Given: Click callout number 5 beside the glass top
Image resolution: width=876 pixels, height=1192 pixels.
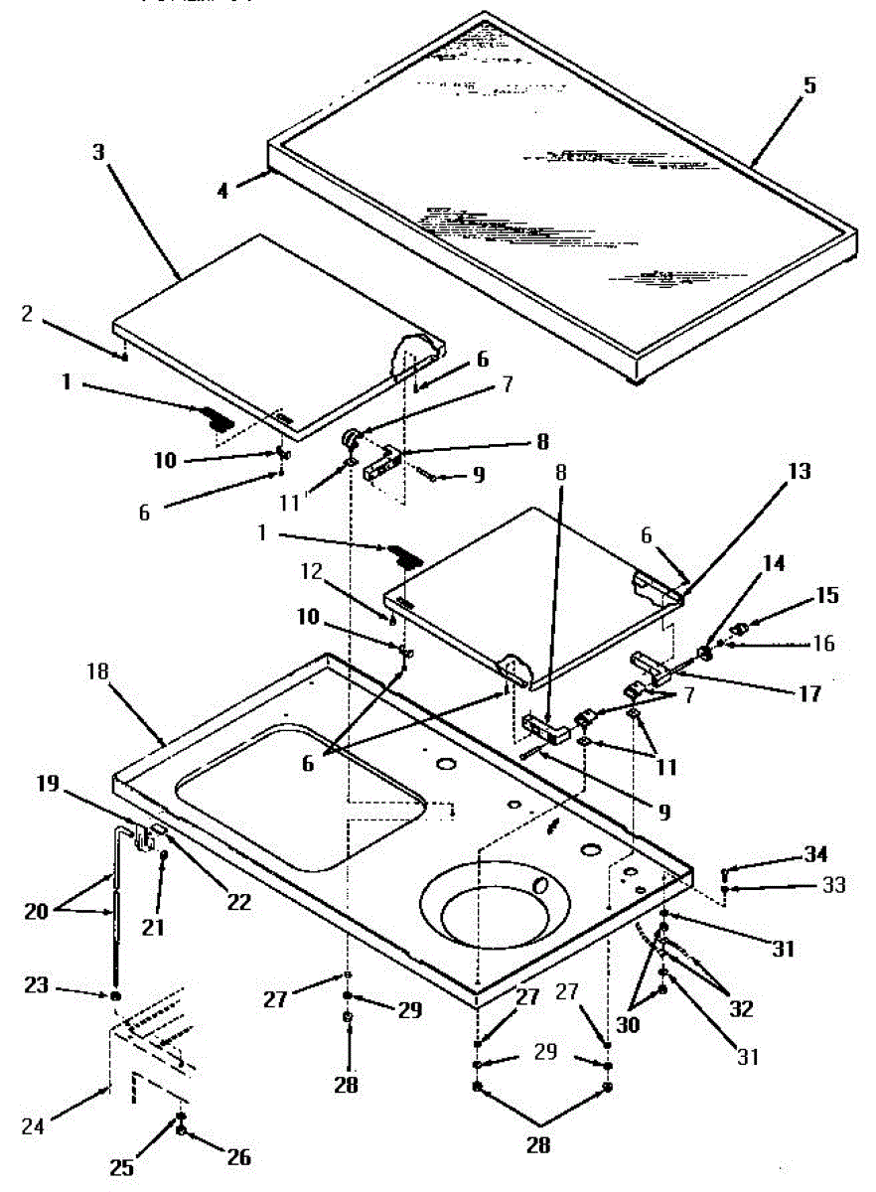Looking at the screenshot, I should [x=809, y=85].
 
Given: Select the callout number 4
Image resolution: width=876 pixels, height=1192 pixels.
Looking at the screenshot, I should [x=223, y=190].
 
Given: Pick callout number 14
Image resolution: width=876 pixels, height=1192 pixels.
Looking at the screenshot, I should [x=772, y=563].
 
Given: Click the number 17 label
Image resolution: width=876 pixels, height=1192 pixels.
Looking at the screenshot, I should [x=812, y=692].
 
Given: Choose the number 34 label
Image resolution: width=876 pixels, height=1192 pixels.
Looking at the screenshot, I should [x=813, y=854].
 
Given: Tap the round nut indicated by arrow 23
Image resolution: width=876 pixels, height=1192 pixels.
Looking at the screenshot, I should [x=116, y=995].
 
